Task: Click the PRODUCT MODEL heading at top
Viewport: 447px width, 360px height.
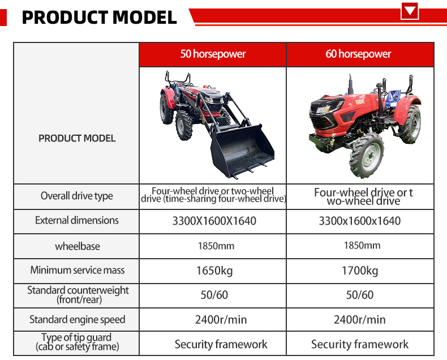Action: (99, 17)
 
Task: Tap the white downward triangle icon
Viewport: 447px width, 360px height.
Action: (409, 11)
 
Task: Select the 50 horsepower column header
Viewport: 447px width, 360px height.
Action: (213, 55)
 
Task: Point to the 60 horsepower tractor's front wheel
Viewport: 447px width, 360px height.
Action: (366, 155)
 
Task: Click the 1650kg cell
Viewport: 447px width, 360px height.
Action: (214, 271)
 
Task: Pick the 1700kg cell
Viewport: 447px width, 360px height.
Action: (359, 271)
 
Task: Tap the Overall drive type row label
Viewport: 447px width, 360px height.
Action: (76, 196)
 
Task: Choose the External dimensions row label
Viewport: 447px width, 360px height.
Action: (76, 220)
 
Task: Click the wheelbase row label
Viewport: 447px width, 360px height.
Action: (76, 246)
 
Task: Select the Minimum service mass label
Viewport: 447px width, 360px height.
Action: (77, 270)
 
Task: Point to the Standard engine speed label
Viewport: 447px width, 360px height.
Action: (76, 319)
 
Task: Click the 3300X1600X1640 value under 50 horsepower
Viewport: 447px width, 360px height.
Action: (214, 221)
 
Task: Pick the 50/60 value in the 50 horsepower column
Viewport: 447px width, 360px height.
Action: (214, 295)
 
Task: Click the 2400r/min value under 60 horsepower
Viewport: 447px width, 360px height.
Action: (359, 319)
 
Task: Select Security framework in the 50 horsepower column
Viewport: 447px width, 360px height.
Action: (221, 344)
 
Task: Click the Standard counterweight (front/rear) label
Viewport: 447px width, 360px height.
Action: (78, 294)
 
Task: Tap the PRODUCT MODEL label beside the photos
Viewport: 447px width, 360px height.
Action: (76, 138)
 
